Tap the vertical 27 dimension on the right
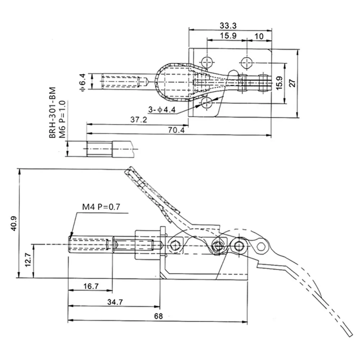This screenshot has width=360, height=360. [293, 83]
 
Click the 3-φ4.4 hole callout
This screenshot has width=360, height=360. [161, 110]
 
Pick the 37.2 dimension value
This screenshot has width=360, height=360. [139, 120]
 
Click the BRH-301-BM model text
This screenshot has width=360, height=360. [53, 113]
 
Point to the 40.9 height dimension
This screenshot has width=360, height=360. [14, 223]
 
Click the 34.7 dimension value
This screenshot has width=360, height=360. [114, 302]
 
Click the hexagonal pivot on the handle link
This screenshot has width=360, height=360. [261, 247]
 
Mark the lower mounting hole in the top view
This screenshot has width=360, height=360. [207, 103]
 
